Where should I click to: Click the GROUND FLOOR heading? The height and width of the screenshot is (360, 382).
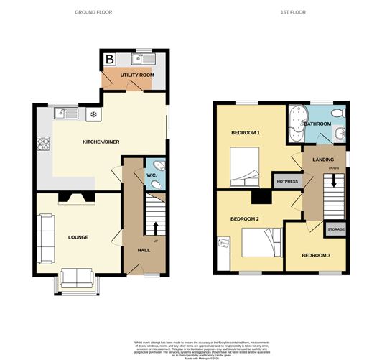[x=93, y=13]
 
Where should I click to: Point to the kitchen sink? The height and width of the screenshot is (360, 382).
[x=67, y=113]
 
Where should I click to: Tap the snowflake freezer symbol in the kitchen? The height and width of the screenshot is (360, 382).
[x=93, y=114]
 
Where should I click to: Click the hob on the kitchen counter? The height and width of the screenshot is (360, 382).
[x=42, y=142]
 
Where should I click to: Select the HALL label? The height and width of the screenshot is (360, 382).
[x=143, y=250]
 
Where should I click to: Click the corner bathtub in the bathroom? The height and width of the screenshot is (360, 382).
[x=297, y=121]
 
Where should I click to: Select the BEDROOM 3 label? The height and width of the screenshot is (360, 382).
[x=316, y=256]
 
